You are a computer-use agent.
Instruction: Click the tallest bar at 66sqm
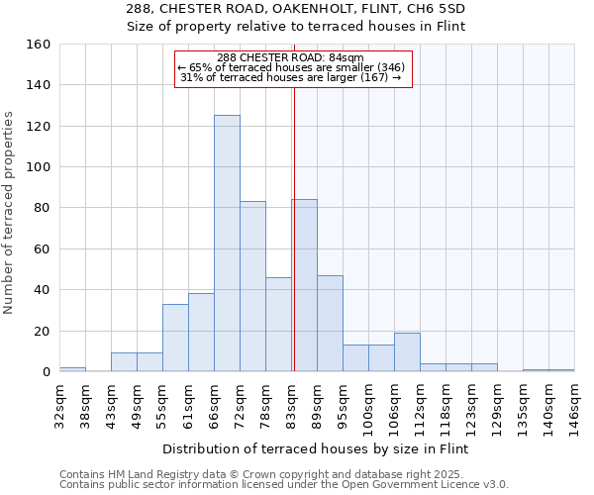(227, 244)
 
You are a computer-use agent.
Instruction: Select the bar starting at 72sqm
(252, 286)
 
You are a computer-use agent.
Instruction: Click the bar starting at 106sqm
(407, 351)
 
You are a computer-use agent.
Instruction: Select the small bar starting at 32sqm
(72, 369)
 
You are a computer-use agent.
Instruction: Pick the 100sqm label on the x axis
(368, 406)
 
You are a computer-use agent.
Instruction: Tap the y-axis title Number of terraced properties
(9, 212)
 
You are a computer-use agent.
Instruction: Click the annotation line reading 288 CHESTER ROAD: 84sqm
(291, 58)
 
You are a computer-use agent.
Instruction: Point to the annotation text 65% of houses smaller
(291, 67)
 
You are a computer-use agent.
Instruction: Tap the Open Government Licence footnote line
(284, 485)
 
